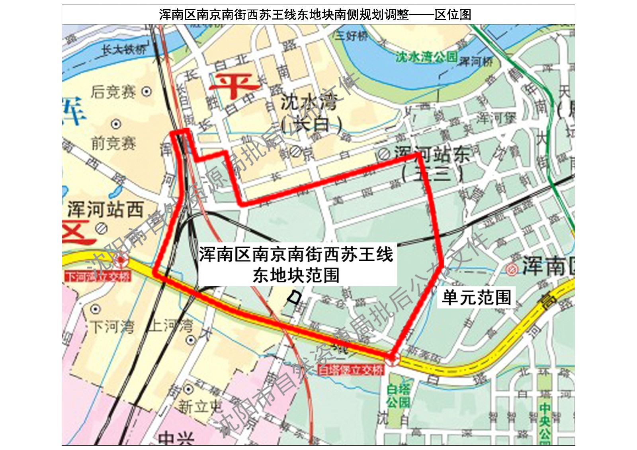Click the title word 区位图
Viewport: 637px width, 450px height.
[453, 15]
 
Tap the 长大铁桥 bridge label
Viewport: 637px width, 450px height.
[124, 50]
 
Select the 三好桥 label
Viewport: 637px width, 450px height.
[351, 36]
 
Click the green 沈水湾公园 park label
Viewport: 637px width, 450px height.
[426, 57]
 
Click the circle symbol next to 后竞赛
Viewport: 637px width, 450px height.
[147, 92]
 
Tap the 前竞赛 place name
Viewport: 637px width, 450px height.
[113, 143]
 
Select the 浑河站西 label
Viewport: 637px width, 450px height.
[106, 209]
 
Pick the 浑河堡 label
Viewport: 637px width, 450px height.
[496, 117]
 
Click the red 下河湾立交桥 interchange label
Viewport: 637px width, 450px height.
[98, 276]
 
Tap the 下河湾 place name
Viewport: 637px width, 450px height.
[113, 327]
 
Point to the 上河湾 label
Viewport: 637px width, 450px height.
[170, 326]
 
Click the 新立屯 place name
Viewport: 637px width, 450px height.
[200, 407]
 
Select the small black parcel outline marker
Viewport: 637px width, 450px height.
[294, 297]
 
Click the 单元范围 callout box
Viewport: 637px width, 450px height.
[477, 297]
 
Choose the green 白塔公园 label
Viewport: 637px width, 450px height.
[398, 395]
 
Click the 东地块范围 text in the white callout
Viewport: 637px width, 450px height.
[296, 275]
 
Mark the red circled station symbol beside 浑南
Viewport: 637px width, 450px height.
[510, 269]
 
